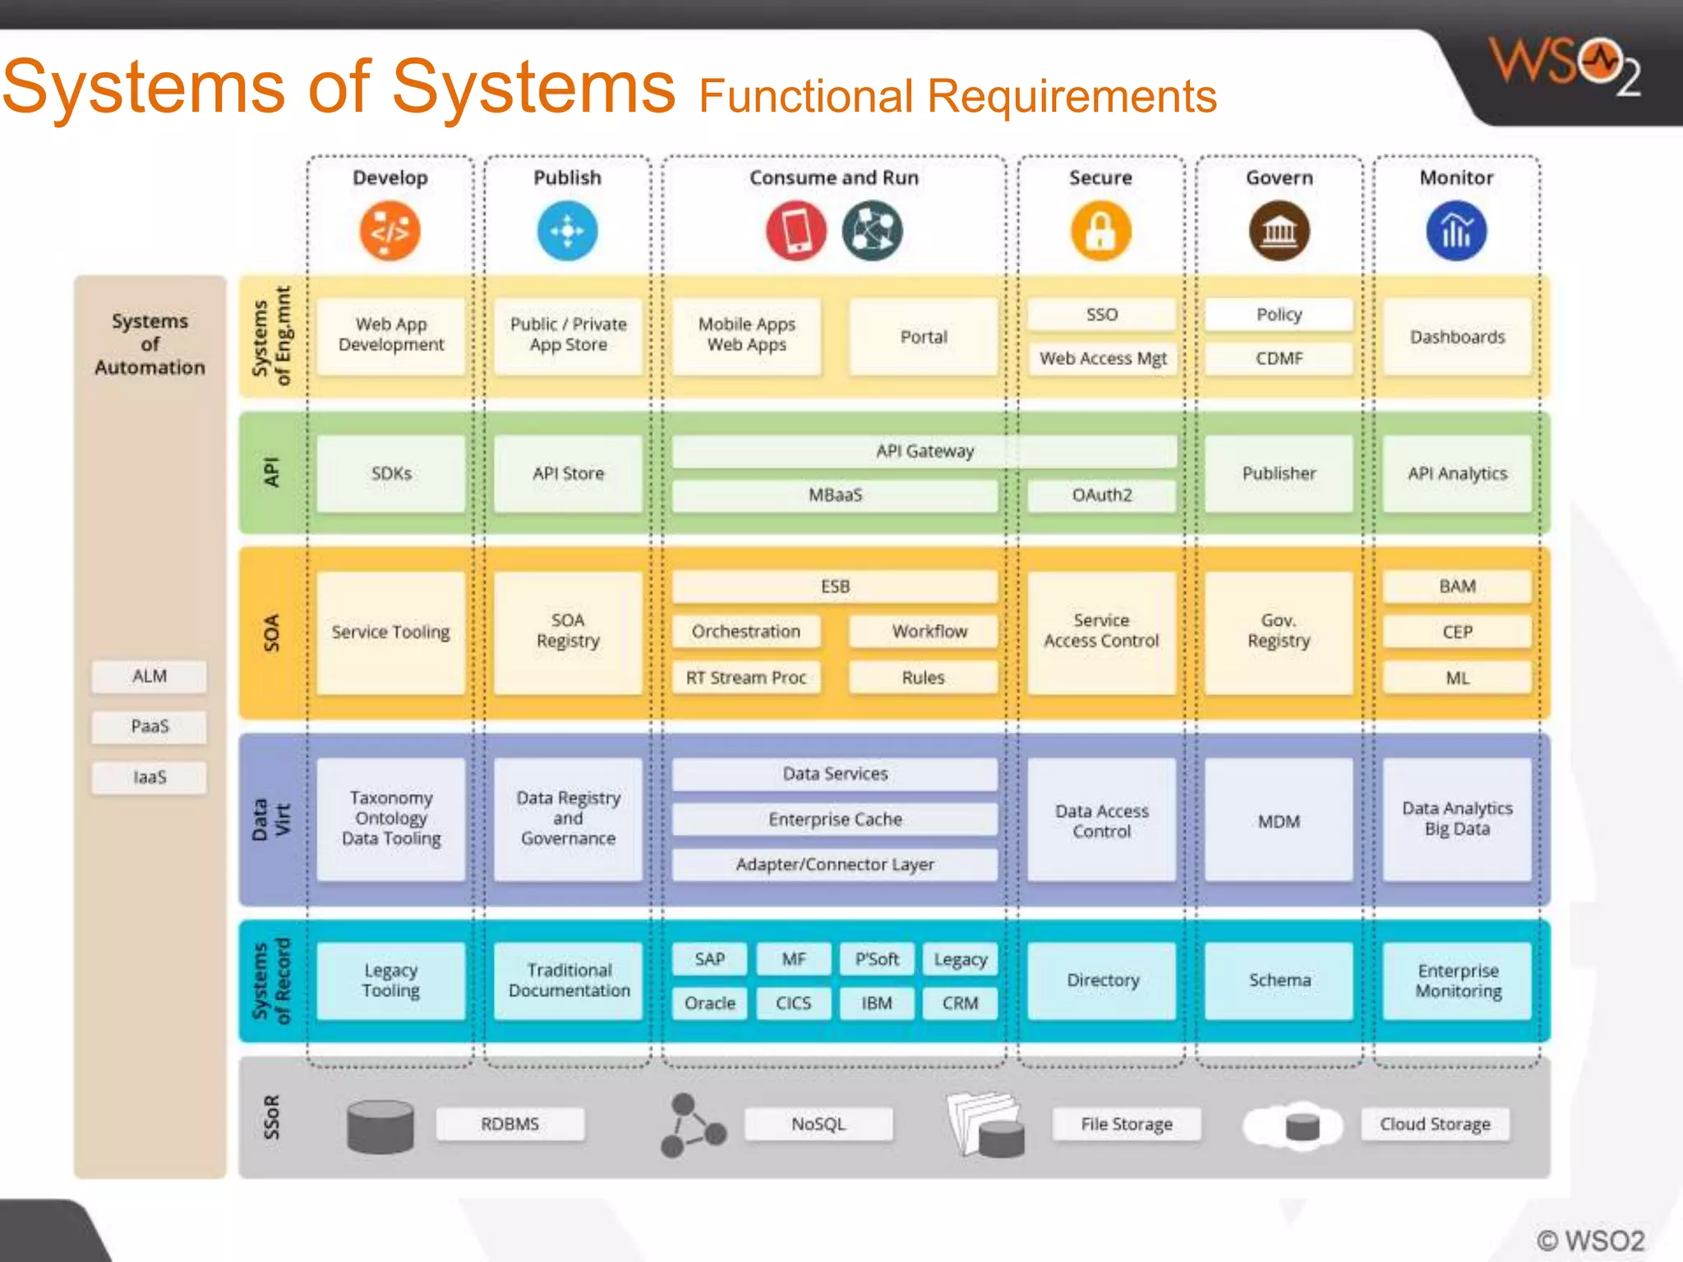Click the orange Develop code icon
(390, 232)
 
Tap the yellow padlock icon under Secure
(1100, 232)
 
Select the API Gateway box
(924, 451)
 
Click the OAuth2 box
(1101, 495)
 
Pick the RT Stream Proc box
(746, 678)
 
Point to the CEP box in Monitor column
(1457, 632)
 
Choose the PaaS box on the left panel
(149, 726)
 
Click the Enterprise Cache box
(835, 819)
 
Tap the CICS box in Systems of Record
(793, 1003)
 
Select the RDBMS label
(510, 1124)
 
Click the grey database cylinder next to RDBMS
(380, 1126)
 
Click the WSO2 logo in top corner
(1565, 66)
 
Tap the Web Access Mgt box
(1102, 359)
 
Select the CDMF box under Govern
(1279, 359)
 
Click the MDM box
(1279, 821)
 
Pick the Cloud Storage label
(1435, 1124)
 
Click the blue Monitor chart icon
(1456, 232)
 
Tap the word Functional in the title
(805, 96)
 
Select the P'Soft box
(877, 959)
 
